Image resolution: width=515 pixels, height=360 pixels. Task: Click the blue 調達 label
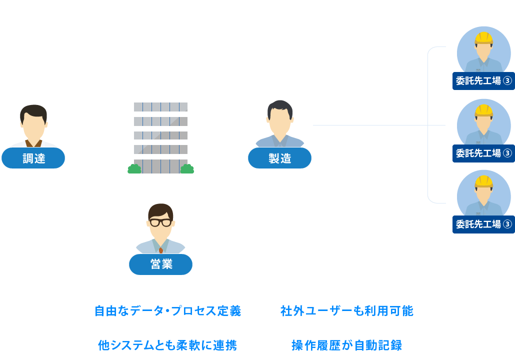pos(33,158)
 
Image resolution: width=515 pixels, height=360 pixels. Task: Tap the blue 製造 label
pos(279,158)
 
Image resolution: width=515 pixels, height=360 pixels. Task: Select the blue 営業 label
pos(160,264)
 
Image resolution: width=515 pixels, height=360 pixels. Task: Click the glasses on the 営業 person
pos(160,222)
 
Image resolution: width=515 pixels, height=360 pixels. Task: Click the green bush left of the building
pos(134,169)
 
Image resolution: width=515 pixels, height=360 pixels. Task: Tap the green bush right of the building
pos(187,169)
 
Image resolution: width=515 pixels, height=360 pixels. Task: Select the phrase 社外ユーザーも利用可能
pos(347,311)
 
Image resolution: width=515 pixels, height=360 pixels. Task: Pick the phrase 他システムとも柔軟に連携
pos(167,345)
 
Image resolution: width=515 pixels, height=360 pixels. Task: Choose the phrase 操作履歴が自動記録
pos(347,345)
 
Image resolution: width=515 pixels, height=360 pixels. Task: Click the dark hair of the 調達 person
pos(33,111)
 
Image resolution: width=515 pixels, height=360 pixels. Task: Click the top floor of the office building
pos(160,107)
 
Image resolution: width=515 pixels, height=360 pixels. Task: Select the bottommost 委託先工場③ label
pos(483,224)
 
